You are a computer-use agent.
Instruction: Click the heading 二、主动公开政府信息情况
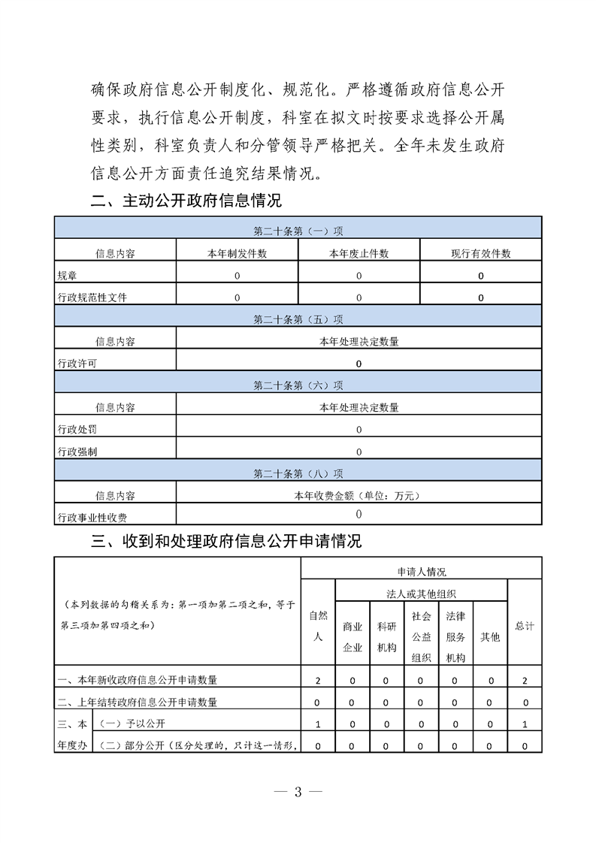186,201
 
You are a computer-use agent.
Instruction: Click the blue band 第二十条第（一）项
298,231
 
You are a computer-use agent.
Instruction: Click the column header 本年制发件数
237,253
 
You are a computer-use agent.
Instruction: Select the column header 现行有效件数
480,253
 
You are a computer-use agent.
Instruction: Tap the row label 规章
66,276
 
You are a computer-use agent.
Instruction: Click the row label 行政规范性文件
92,298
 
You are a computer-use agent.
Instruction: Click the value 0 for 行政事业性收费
359,515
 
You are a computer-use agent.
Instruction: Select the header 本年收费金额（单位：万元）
359,496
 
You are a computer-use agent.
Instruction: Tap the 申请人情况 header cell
421,572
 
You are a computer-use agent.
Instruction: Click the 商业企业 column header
352,636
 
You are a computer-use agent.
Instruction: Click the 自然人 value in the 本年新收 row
318,681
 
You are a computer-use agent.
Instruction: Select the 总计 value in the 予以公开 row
524,724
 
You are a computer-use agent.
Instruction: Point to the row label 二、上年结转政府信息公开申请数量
138,702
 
